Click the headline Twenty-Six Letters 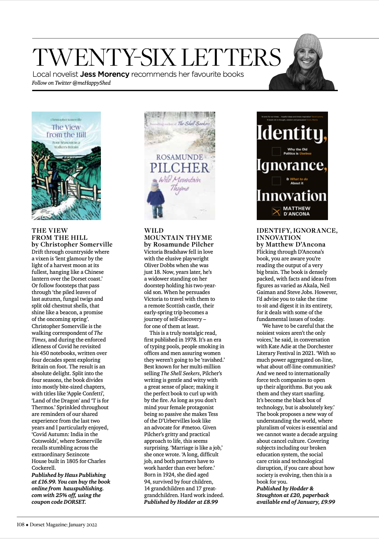click(x=156, y=57)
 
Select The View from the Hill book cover click(x=66, y=165)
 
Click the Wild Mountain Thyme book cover click(x=180, y=165)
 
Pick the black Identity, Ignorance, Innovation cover click(x=292, y=165)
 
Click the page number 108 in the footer click(x=21, y=525)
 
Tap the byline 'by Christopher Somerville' click(x=72, y=245)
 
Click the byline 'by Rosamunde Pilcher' click(x=179, y=245)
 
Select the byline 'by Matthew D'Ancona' click(x=291, y=245)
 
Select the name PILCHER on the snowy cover click(x=180, y=168)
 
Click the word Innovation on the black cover click(x=292, y=196)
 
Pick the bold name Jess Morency click(x=104, y=74)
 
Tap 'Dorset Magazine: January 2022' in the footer click(x=63, y=525)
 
